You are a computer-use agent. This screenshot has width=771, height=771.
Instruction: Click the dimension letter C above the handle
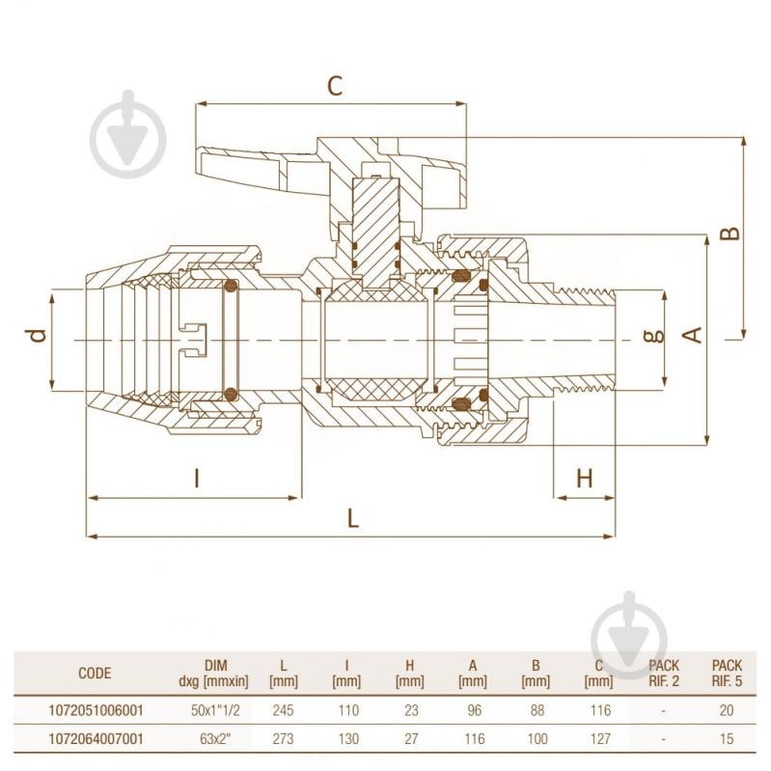pos(334,86)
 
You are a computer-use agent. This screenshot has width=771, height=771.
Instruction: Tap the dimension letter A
pos(692,336)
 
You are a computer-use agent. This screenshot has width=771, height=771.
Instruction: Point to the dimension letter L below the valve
pos(353,518)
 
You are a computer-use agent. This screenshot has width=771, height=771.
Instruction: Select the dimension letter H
pos(585,478)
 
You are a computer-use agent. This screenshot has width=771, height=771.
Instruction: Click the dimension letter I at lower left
pos(196,478)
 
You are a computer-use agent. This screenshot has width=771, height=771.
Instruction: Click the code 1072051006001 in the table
pos(95,711)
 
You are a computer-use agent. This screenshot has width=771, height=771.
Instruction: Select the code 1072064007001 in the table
pos(95,738)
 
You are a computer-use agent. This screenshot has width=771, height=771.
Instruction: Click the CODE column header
pos(95,674)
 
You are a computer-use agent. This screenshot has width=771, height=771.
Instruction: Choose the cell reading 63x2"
pos(213,738)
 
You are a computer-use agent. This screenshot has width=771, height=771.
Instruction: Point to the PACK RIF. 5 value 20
pos(727,711)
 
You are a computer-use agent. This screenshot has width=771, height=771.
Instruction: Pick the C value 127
pos(598,738)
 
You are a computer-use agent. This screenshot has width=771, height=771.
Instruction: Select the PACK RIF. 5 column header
pos(727,674)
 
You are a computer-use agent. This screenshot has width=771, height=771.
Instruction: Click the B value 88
pos(536,711)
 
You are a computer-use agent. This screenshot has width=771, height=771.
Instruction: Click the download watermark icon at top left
pos(128,136)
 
